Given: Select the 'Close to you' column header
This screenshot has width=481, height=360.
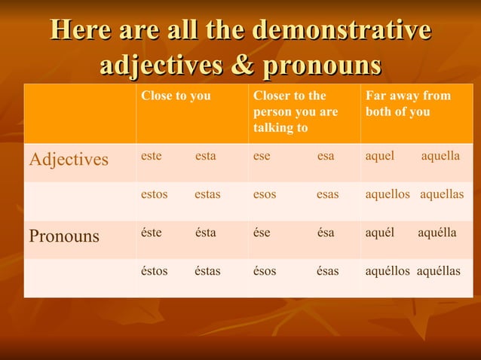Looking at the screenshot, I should pyautogui.click(x=176, y=96).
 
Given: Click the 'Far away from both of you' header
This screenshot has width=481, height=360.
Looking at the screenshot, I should pyautogui.click(x=408, y=104).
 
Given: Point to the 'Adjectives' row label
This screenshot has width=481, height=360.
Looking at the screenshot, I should pyautogui.click(x=69, y=160).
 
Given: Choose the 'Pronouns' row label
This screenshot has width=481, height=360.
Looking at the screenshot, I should pyautogui.click(x=64, y=236).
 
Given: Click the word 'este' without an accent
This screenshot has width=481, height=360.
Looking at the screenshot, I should pyautogui.click(x=151, y=156).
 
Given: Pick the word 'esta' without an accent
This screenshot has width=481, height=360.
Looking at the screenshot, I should pyautogui.click(x=205, y=156).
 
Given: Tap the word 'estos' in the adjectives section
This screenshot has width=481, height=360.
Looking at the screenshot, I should pyautogui.click(x=154, y=194).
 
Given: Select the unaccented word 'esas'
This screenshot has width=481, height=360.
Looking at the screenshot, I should pyautogui.click(x=327, y=194).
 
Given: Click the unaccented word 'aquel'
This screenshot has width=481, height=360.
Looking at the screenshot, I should pyautogui.click(x=380, y=156).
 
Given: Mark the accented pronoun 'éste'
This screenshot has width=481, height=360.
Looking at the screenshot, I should pyautogui.click(x=151, y=233).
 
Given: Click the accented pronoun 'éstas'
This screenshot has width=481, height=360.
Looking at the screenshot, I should pyautogui.click(x=207, y=271).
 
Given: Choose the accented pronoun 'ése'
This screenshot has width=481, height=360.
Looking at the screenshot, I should pyautogui.click(x=262, y=233).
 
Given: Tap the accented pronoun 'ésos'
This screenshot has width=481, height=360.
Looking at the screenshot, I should pyautogui.click(x=265, y=271).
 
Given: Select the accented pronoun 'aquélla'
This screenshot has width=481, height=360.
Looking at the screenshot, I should pyautogui.click(x=437, y=233).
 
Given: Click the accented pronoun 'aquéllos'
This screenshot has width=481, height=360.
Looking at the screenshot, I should pyautogui.click(x=388, y=271).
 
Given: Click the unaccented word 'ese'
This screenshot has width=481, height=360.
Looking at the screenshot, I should pyautogui.click(x=262, y=156).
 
